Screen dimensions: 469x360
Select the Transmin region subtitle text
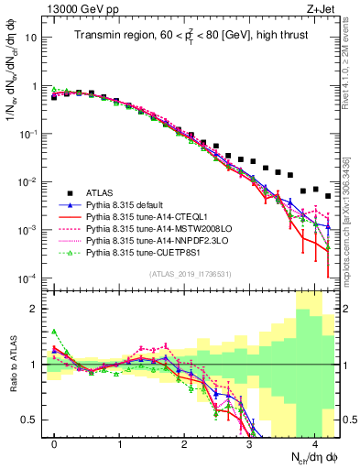coord(191,38)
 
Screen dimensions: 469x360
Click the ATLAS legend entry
coord(102,192)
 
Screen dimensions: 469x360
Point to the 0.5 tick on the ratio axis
coord(35,420)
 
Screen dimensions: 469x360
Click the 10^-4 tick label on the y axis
coord(30,278)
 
